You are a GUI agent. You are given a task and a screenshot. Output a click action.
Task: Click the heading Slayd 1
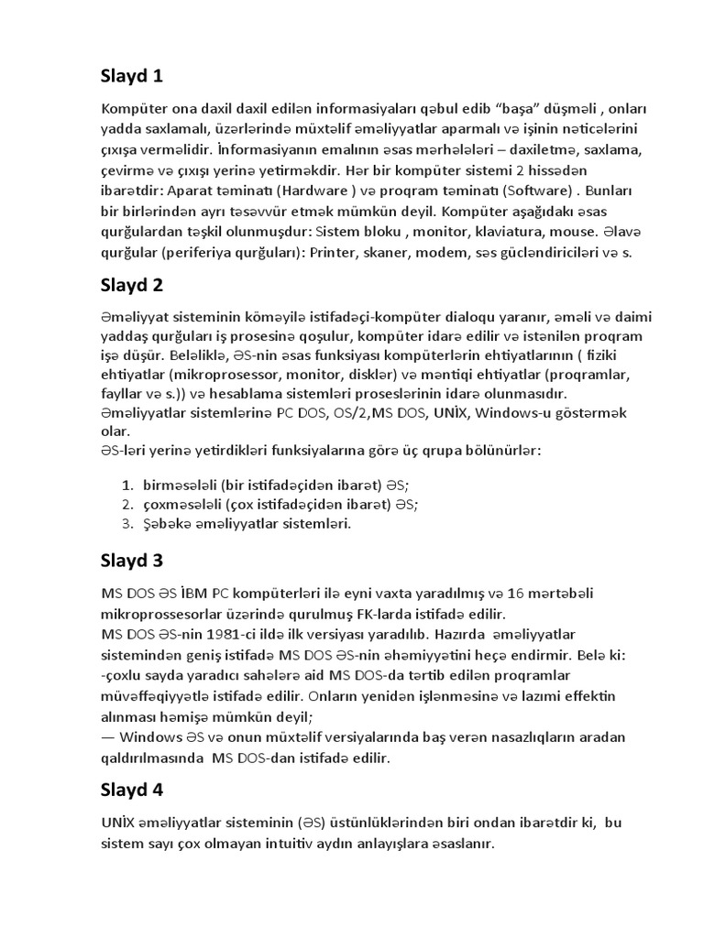pos(132,76)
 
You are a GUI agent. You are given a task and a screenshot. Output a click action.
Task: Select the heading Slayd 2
pos(132,285)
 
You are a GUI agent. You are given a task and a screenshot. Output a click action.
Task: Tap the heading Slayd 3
pos(132,560)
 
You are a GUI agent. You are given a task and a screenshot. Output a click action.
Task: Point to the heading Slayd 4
pos(132,790)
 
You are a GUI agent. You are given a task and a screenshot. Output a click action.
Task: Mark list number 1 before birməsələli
pos(127,484)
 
